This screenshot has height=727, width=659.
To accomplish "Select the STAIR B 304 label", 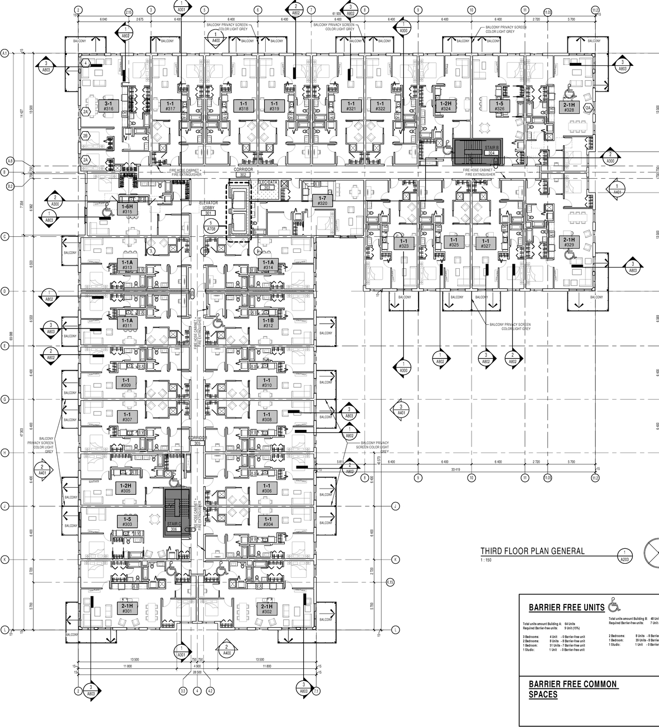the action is [x=490, y=150].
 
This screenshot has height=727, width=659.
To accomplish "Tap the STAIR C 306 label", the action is [x=174, y=526].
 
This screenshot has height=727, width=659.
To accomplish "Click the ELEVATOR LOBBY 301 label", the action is [x=209, y=208].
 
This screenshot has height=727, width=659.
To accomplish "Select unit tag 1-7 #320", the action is [x=322, y=201].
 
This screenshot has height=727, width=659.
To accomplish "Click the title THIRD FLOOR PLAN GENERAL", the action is [x=532, y=551].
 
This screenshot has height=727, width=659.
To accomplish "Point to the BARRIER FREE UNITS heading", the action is [x=566, y=608].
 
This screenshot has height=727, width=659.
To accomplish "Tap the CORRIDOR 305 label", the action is [x=197, y=440].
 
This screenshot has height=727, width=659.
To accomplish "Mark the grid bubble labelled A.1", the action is [x=5, y=53].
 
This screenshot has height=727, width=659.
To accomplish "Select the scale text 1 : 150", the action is [x=486, y=560].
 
